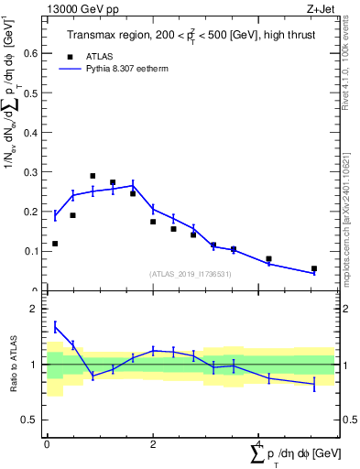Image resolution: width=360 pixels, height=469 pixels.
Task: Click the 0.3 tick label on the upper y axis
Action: pyautogui.click(x=32, y=172)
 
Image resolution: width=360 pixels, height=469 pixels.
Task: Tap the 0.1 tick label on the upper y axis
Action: pyautogui.click(x=32, y=251)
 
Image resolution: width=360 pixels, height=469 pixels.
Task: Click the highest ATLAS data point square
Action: pyautogui.click(x=93, y=176)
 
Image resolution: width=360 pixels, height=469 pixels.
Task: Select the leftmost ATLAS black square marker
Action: pyautogui.click(x=55, y=244)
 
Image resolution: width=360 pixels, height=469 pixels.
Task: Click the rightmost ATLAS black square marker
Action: pyautogui.click(x=314, y=269)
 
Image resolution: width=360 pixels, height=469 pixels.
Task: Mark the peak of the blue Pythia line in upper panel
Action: pyautogui.click(x=133, y=185)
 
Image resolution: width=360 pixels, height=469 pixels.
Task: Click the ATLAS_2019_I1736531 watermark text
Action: pyautogui.click(x=191, y=274)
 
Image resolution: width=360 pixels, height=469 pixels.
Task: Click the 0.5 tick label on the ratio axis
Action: pyautogui.click(x=31, y=420)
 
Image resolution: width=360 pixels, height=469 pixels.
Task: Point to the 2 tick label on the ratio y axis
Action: pyautogui.click(x=36, y=309)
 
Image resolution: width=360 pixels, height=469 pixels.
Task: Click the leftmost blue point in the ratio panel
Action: pyautogui.click(x=55, y=327)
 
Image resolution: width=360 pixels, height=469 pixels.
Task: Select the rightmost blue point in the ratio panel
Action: pyautogui.click(x=314, y=384)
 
